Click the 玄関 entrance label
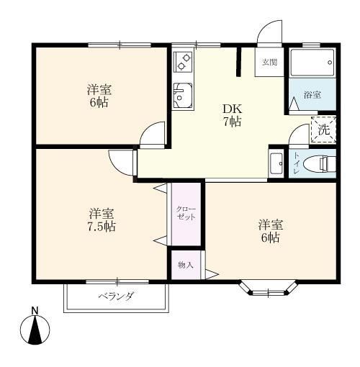pos(269,62)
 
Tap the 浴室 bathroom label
pos(312,95)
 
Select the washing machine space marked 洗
pos(323,130)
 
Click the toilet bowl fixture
pos(319,163)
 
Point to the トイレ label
pos(297,163)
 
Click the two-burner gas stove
pos(183,62)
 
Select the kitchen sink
pos(183,96)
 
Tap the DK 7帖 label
pos(232,115)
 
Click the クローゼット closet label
pos(186,213)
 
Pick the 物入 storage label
pos(186,265)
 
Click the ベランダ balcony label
pos(116,296)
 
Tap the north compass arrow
pos(35,330)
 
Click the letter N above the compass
pos(35,311)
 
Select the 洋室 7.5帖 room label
pos(102,220)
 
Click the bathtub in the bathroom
pos(312,63)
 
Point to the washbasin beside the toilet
pos(276,163)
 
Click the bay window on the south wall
pos(269,289)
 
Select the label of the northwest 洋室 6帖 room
pos(99,96)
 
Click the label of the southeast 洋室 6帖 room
pos(270,231)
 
